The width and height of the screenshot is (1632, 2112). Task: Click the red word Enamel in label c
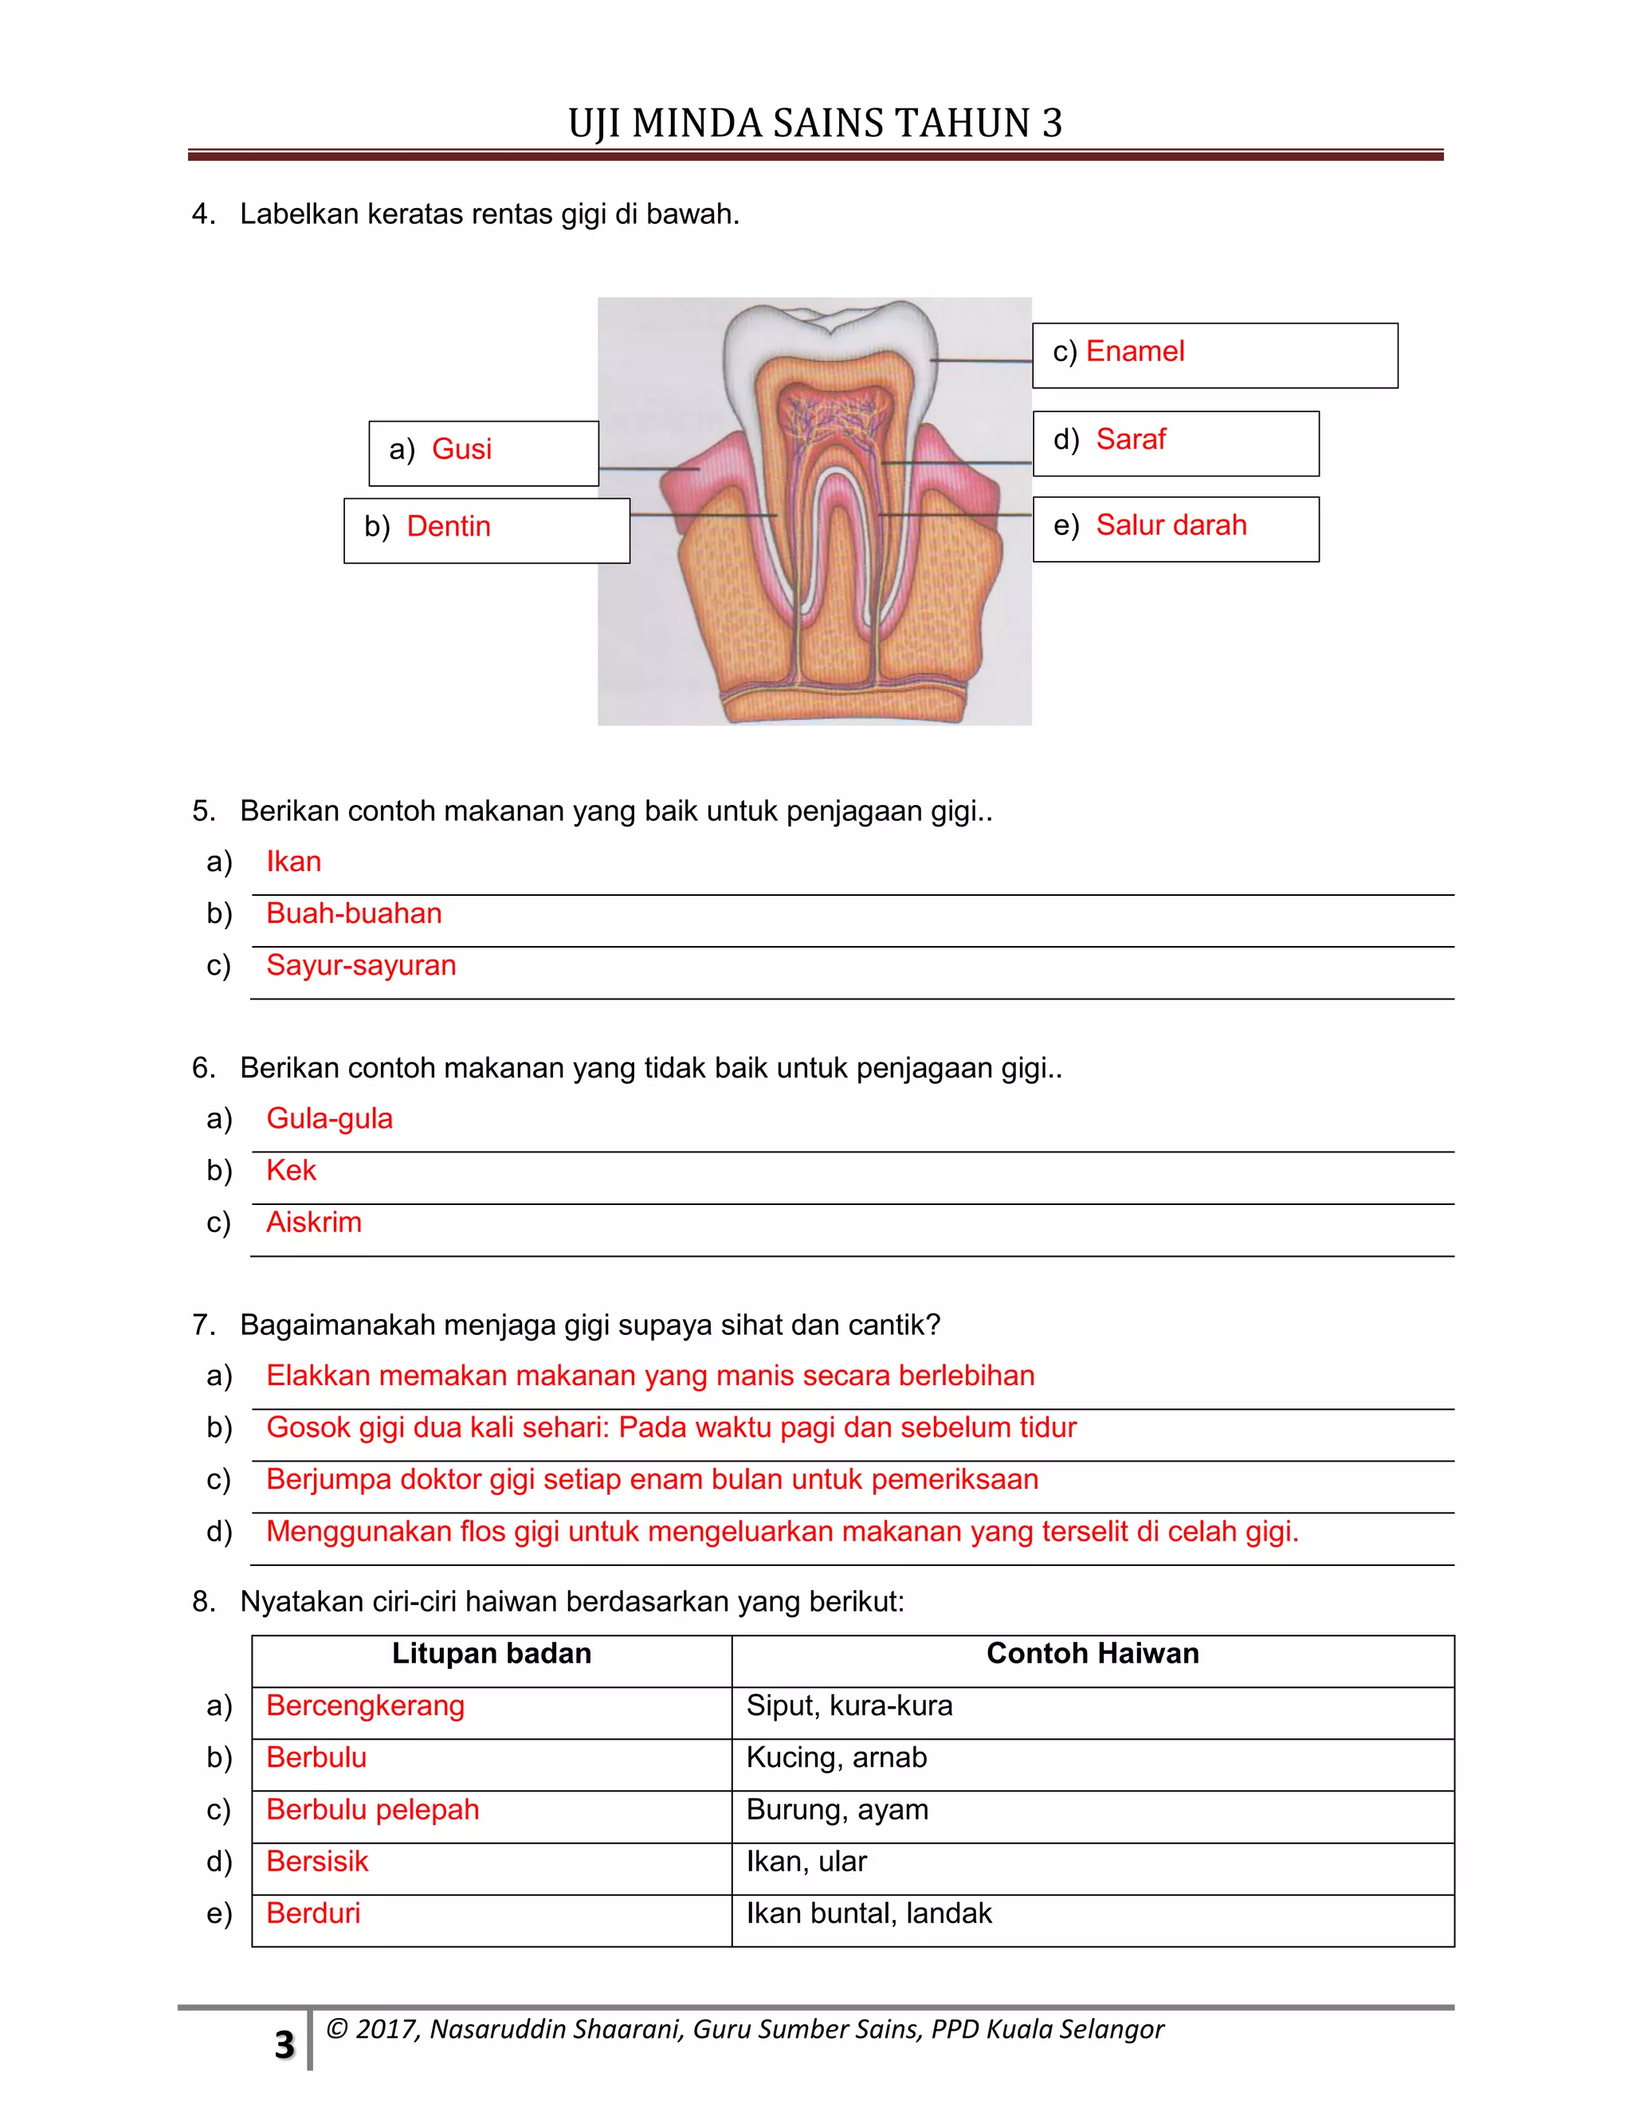[1134, 352]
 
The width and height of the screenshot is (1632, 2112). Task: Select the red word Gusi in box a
[461, 449]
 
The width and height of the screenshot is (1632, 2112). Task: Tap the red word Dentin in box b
[449, 527]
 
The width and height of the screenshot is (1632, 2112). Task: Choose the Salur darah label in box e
[1171, 526]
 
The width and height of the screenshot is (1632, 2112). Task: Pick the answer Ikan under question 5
[294, 862]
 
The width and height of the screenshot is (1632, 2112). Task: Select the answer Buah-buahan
[354, 914]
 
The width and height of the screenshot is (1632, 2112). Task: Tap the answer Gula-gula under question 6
[330, 1119]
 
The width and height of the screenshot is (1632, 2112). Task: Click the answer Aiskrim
[314, 1223]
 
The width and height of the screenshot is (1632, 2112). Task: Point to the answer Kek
[291, 1171]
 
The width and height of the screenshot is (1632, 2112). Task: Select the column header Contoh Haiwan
[1093, 1654]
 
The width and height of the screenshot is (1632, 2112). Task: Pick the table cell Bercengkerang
[366, 1706]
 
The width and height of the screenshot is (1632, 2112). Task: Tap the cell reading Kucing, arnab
[836, 1758]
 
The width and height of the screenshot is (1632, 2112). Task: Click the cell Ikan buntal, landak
[869, 1914]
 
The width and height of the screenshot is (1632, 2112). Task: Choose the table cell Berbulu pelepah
[372, 1810]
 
